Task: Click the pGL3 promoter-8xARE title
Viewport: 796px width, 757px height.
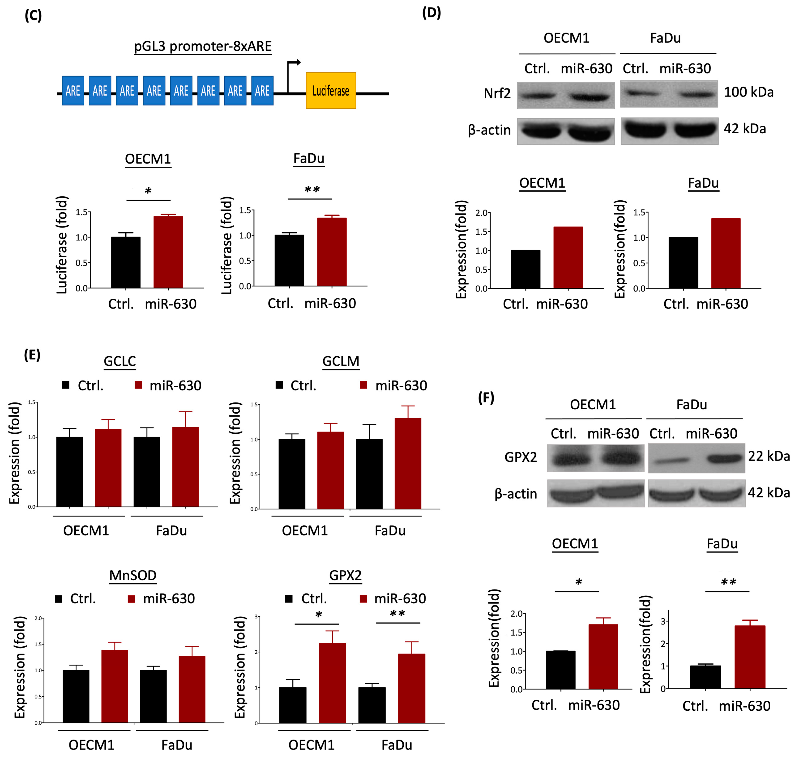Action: pos(203,46)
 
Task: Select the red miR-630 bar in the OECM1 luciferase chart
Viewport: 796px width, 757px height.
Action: pos(168,252)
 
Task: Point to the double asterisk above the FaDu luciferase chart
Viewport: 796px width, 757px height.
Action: pos(312,190)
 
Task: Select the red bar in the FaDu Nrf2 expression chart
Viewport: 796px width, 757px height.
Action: pos(725,253)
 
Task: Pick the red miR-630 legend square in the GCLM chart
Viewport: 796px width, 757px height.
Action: pos(363,385)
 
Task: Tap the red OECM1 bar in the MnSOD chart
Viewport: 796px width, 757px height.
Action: pos(114,686)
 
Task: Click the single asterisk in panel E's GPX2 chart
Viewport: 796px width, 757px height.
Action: pos(318,615)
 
